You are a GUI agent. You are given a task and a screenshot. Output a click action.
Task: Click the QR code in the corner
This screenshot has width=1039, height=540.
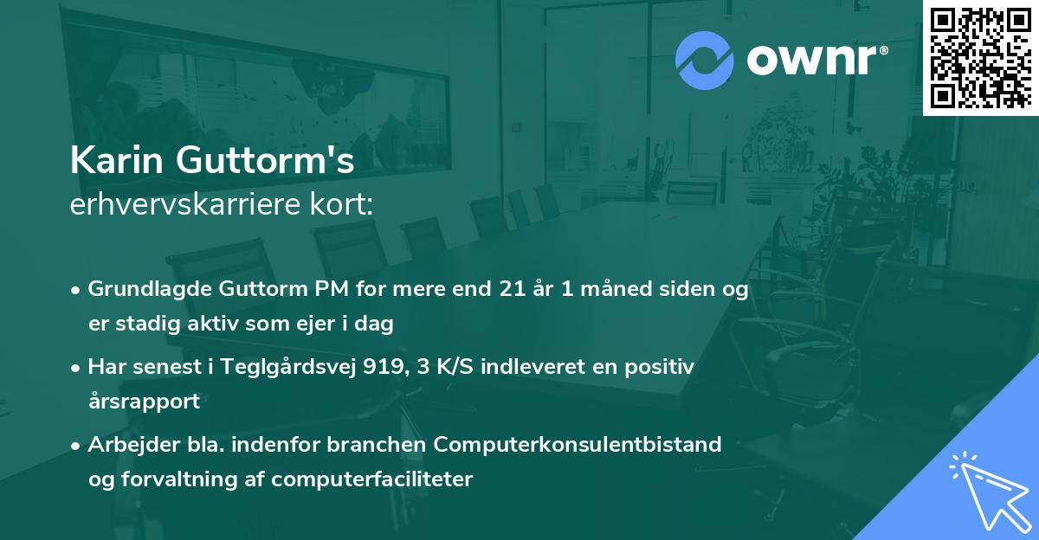(x=979, y=57)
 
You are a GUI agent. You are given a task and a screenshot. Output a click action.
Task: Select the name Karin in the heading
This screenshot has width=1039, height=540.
(x=118, y=159)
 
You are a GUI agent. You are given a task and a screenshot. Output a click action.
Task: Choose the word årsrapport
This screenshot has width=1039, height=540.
(x=144, y=402)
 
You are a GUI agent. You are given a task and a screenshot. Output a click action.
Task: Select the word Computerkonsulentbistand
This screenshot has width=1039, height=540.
(x=578, y=444)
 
